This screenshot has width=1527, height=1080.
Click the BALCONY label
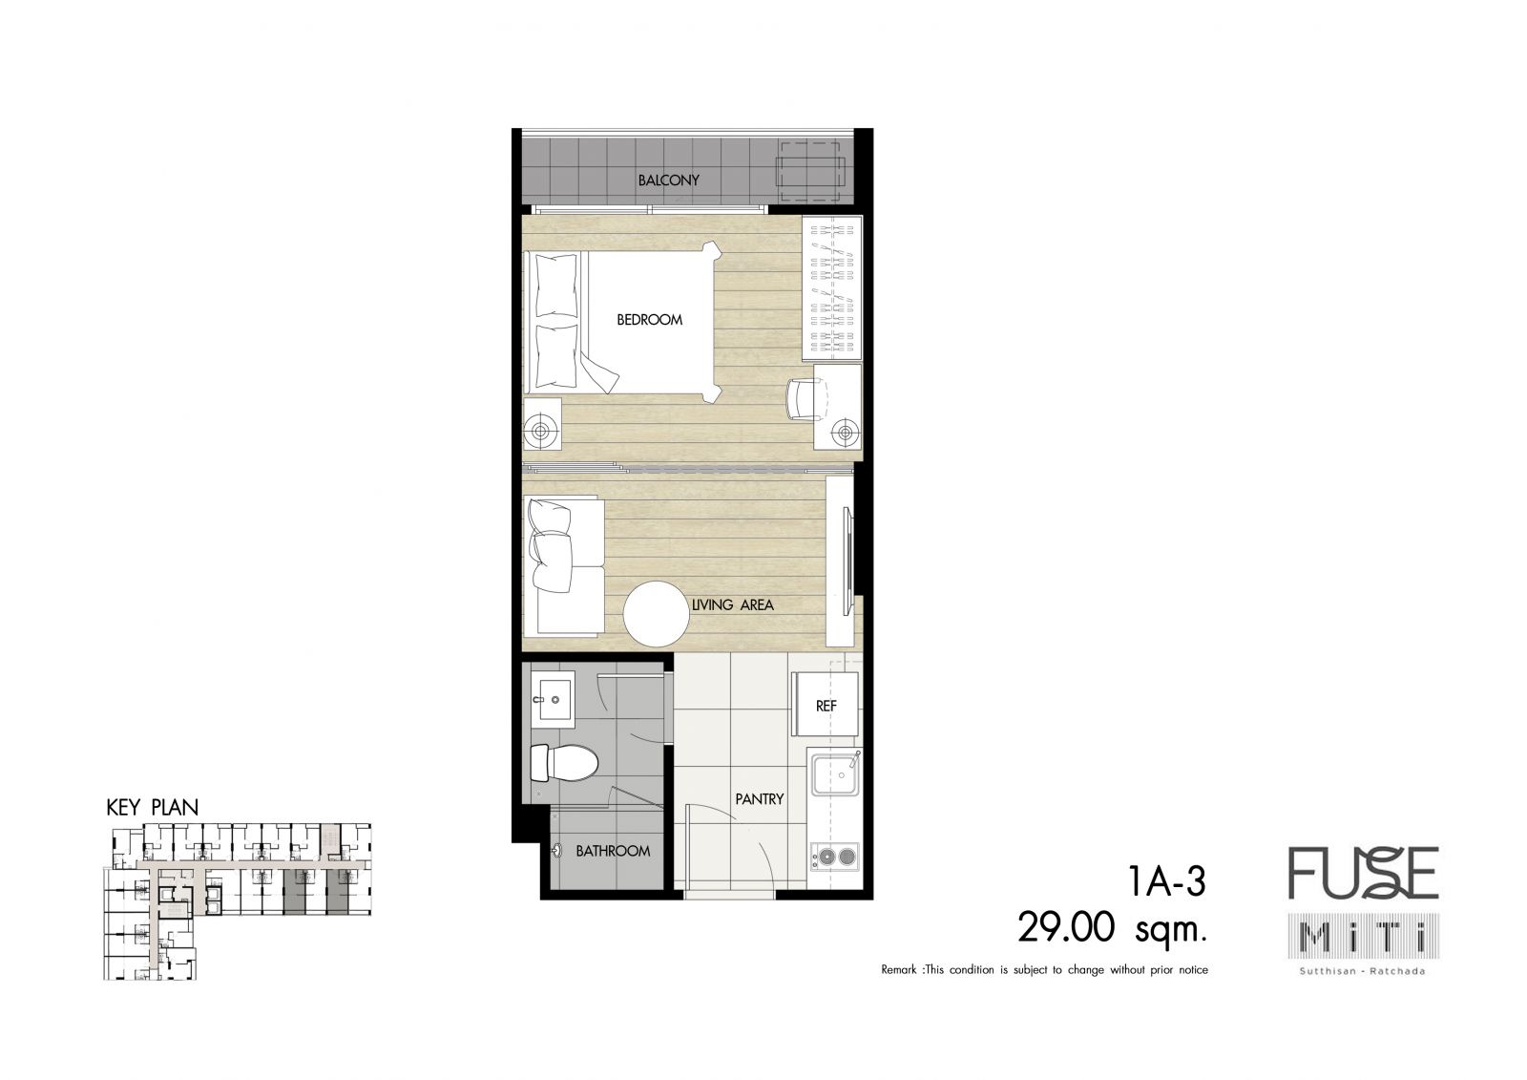click(x=668, y=180)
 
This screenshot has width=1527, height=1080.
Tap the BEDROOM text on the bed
click(x=649, y=319)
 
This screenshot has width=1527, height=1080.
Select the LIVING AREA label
click(x=733, y=605)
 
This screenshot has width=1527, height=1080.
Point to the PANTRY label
click(x=760, y=799)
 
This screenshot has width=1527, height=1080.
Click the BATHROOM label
click(x=613, y=851)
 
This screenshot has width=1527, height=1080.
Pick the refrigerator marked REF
click(x=825, y=704)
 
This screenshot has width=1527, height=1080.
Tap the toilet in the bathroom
click(x=564, y=763)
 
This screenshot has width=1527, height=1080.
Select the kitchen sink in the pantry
click(x=834, y=773)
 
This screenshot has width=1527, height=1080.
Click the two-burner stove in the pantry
click(x=835, y=857)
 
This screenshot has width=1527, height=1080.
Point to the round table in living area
click(x=656, y=614)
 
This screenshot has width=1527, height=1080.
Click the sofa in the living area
click(x=564, y=565)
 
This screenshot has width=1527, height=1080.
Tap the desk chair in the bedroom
click(x=805, y=399)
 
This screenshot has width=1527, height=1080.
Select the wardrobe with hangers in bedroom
click(x=832, y=288)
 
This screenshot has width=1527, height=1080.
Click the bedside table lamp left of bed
click(x=540, y=432)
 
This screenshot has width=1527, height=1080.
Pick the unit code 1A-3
click(x=1167, y=880)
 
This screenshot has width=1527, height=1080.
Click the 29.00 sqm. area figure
click(x=1112, y=928)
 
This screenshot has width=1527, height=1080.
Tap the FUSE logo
click(x=1363, y=874)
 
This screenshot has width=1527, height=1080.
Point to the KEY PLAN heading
click(x=152, y=808)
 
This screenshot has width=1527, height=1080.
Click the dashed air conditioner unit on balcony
click(x=810, y=172)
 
